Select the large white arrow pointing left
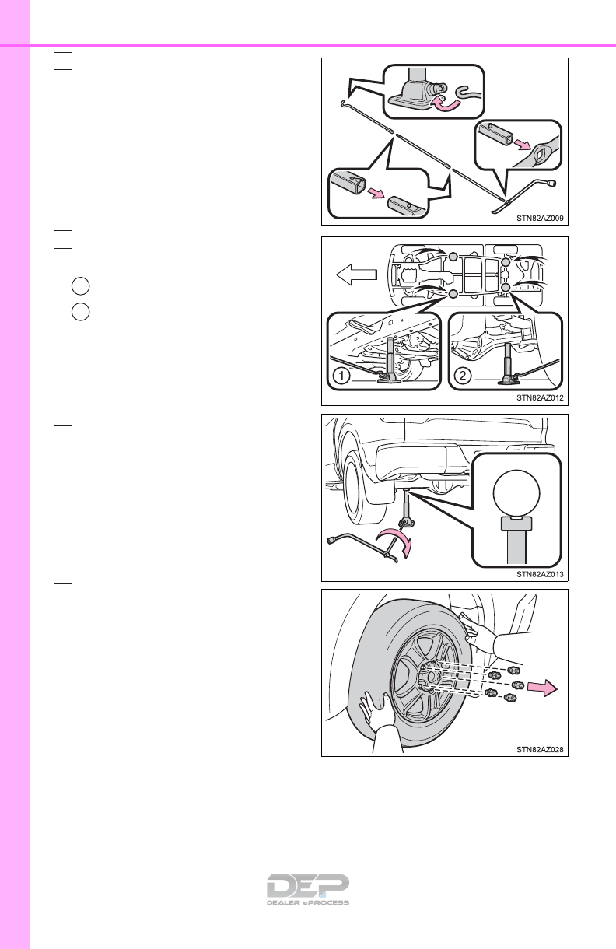pyautogui.click(x=353, y=274)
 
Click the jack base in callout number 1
pyautogui.click(x=387, y=378)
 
